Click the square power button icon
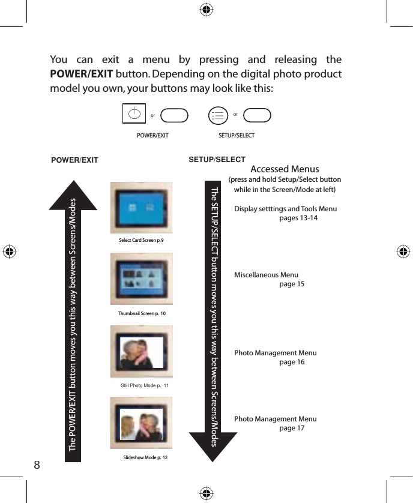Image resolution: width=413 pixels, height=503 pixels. pyautogui.click(x=134, y=113)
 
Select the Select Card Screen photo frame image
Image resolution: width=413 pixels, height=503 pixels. pyautogui.click(x=142, y=208)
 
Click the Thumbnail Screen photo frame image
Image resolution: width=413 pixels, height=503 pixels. pyautogui.click(x=142, y=279)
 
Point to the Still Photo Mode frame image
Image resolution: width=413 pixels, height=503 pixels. pyautogui.click(x=142, y=352)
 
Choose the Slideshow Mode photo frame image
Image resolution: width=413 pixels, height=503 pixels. pyautogui.click(x=142, y=423)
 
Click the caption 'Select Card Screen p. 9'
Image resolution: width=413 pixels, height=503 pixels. pyautogui.click(x=141, y=240)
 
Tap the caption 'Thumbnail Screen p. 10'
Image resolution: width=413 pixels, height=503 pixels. pyautogui.click(x=142, y=313)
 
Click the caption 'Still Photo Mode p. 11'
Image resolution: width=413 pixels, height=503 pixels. pyautogui.click(x=145, y=385)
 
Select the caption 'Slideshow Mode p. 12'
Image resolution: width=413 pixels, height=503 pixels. pyautogui.click(x=145, y=458)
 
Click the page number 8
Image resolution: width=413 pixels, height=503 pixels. pyautogui.click(x=37, y=465)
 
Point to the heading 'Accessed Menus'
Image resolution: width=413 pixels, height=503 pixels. pyautogui.click(x=285, y=169)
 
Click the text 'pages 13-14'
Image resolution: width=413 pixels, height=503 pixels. pyautogui.click(x=298, y=218)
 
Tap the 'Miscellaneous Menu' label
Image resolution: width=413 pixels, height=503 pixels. pyautogui.click(x=266, y=275)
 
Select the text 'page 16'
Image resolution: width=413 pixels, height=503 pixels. pyautogui.click(x=292, y=362)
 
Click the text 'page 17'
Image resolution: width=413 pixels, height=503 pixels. pyautogui.click(x=292, y=428)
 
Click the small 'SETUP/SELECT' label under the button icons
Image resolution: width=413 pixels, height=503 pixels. pyautogui.click(x=237, y=136)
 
